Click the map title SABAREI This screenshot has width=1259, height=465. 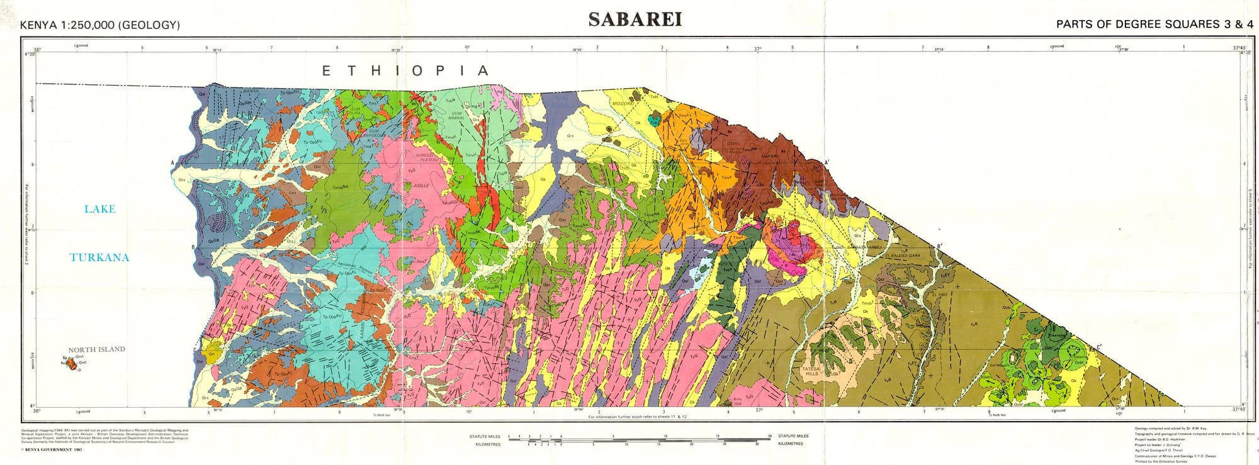tap(635, 20)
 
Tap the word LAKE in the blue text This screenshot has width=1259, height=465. tap(99, 209)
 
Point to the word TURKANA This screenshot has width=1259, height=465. tap(99, 257)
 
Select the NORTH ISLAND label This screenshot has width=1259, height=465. tap(96, 349)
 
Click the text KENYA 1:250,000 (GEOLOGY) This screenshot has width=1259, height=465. tap(100, 25)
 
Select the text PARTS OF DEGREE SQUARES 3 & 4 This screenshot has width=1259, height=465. tap(1155, 25)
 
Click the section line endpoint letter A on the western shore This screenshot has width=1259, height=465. tap(172, 162)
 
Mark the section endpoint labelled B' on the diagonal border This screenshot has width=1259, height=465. tap(939, 246)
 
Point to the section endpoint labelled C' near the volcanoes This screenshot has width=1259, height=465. tap(1099, 347)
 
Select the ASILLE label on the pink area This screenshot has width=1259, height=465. tap(421, 186)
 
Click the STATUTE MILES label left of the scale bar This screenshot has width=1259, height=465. tap(485, 436)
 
